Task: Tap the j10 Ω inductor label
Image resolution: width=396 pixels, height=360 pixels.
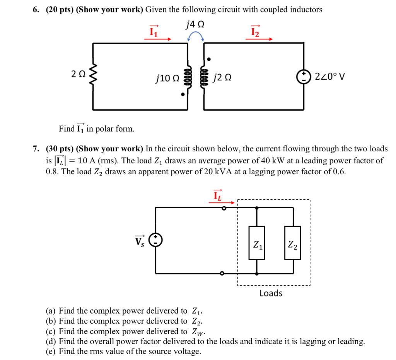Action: coord(168,78)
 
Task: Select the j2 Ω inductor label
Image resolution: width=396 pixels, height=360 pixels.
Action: coord(222,77)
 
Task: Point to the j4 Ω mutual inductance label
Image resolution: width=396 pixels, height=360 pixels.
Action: coord(195,24)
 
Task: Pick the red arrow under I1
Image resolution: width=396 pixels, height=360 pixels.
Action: coord(158,39)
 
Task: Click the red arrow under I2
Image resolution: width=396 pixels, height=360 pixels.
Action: coord(259,39)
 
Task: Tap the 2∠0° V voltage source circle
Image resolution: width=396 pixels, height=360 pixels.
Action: coord(304,77)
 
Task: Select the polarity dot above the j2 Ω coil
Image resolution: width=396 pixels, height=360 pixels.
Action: coord(208,59)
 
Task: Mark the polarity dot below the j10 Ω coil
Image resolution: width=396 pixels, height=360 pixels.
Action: coord(183,94)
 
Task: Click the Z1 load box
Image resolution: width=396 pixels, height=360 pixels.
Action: coord(257,243)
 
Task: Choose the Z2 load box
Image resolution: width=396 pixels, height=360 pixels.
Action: coord(292,243)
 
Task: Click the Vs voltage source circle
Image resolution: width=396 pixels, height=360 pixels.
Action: coord(155,240)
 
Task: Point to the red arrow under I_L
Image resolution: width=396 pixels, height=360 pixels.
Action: coord(222,202)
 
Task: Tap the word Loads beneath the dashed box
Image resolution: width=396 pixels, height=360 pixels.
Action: coord(271,293)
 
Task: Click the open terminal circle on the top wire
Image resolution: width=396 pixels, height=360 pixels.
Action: coord(224,208)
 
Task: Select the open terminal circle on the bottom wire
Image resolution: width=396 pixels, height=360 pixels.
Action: coord(222,273)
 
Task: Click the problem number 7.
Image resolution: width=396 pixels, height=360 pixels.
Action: coord(36,149)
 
